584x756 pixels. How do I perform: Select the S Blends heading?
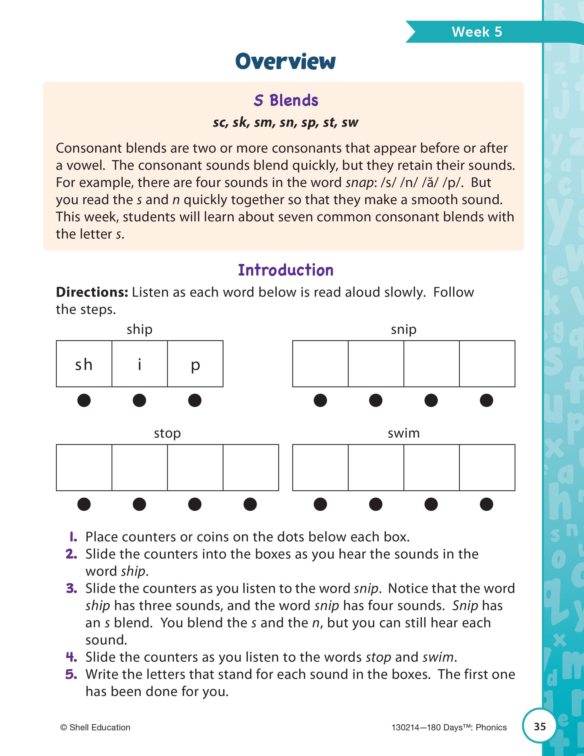tap(286, 100)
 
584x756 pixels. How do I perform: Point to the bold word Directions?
tap(92, 292)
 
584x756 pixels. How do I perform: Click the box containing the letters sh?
tap(84, 364)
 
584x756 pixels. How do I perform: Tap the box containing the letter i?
tap(139, 364)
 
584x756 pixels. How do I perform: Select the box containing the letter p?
tap(195, 364)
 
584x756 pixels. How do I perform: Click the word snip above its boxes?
tap(403, 329)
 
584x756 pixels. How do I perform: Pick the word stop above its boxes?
tap(167, 433)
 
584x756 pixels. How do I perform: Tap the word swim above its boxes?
tap(403, 433)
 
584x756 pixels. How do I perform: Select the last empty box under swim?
tap(487, 468)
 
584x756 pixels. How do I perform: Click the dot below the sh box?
tap(84, 400)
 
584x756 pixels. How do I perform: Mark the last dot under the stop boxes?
tap(250, 504)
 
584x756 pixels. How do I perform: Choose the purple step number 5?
tap(71, 674)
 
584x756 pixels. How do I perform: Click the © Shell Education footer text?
tap(95, 728)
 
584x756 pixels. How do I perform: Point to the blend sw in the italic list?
tap(350, 123)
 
